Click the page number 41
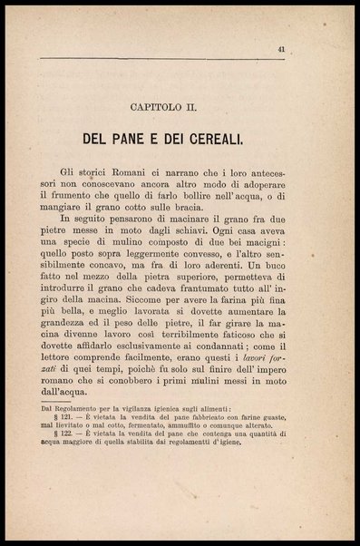click(308, 51)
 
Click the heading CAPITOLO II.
click(180, 105)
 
